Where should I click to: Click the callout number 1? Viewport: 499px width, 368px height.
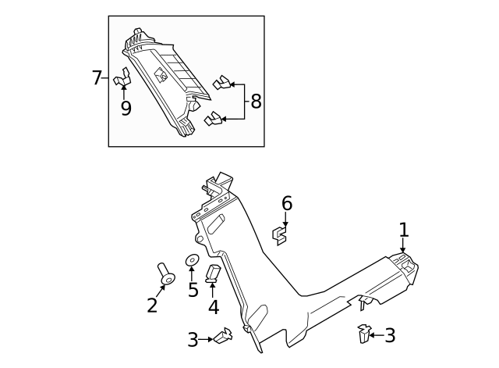403,230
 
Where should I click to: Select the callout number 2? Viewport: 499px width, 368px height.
152,305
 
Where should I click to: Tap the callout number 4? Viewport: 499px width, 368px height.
213,308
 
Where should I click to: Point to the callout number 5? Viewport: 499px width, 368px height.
193,290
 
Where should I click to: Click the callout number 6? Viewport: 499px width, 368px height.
286,203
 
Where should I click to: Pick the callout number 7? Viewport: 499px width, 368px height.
97,78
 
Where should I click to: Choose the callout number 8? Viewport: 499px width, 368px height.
256,102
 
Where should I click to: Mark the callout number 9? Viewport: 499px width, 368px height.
126,109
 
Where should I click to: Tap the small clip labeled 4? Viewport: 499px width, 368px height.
213,273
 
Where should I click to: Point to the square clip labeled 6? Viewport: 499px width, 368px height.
280,233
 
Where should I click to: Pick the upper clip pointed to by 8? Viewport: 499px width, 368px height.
221,82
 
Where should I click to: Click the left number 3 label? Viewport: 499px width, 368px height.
193,339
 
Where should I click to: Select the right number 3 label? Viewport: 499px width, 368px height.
390,336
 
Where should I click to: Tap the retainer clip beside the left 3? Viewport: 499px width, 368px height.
224,337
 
